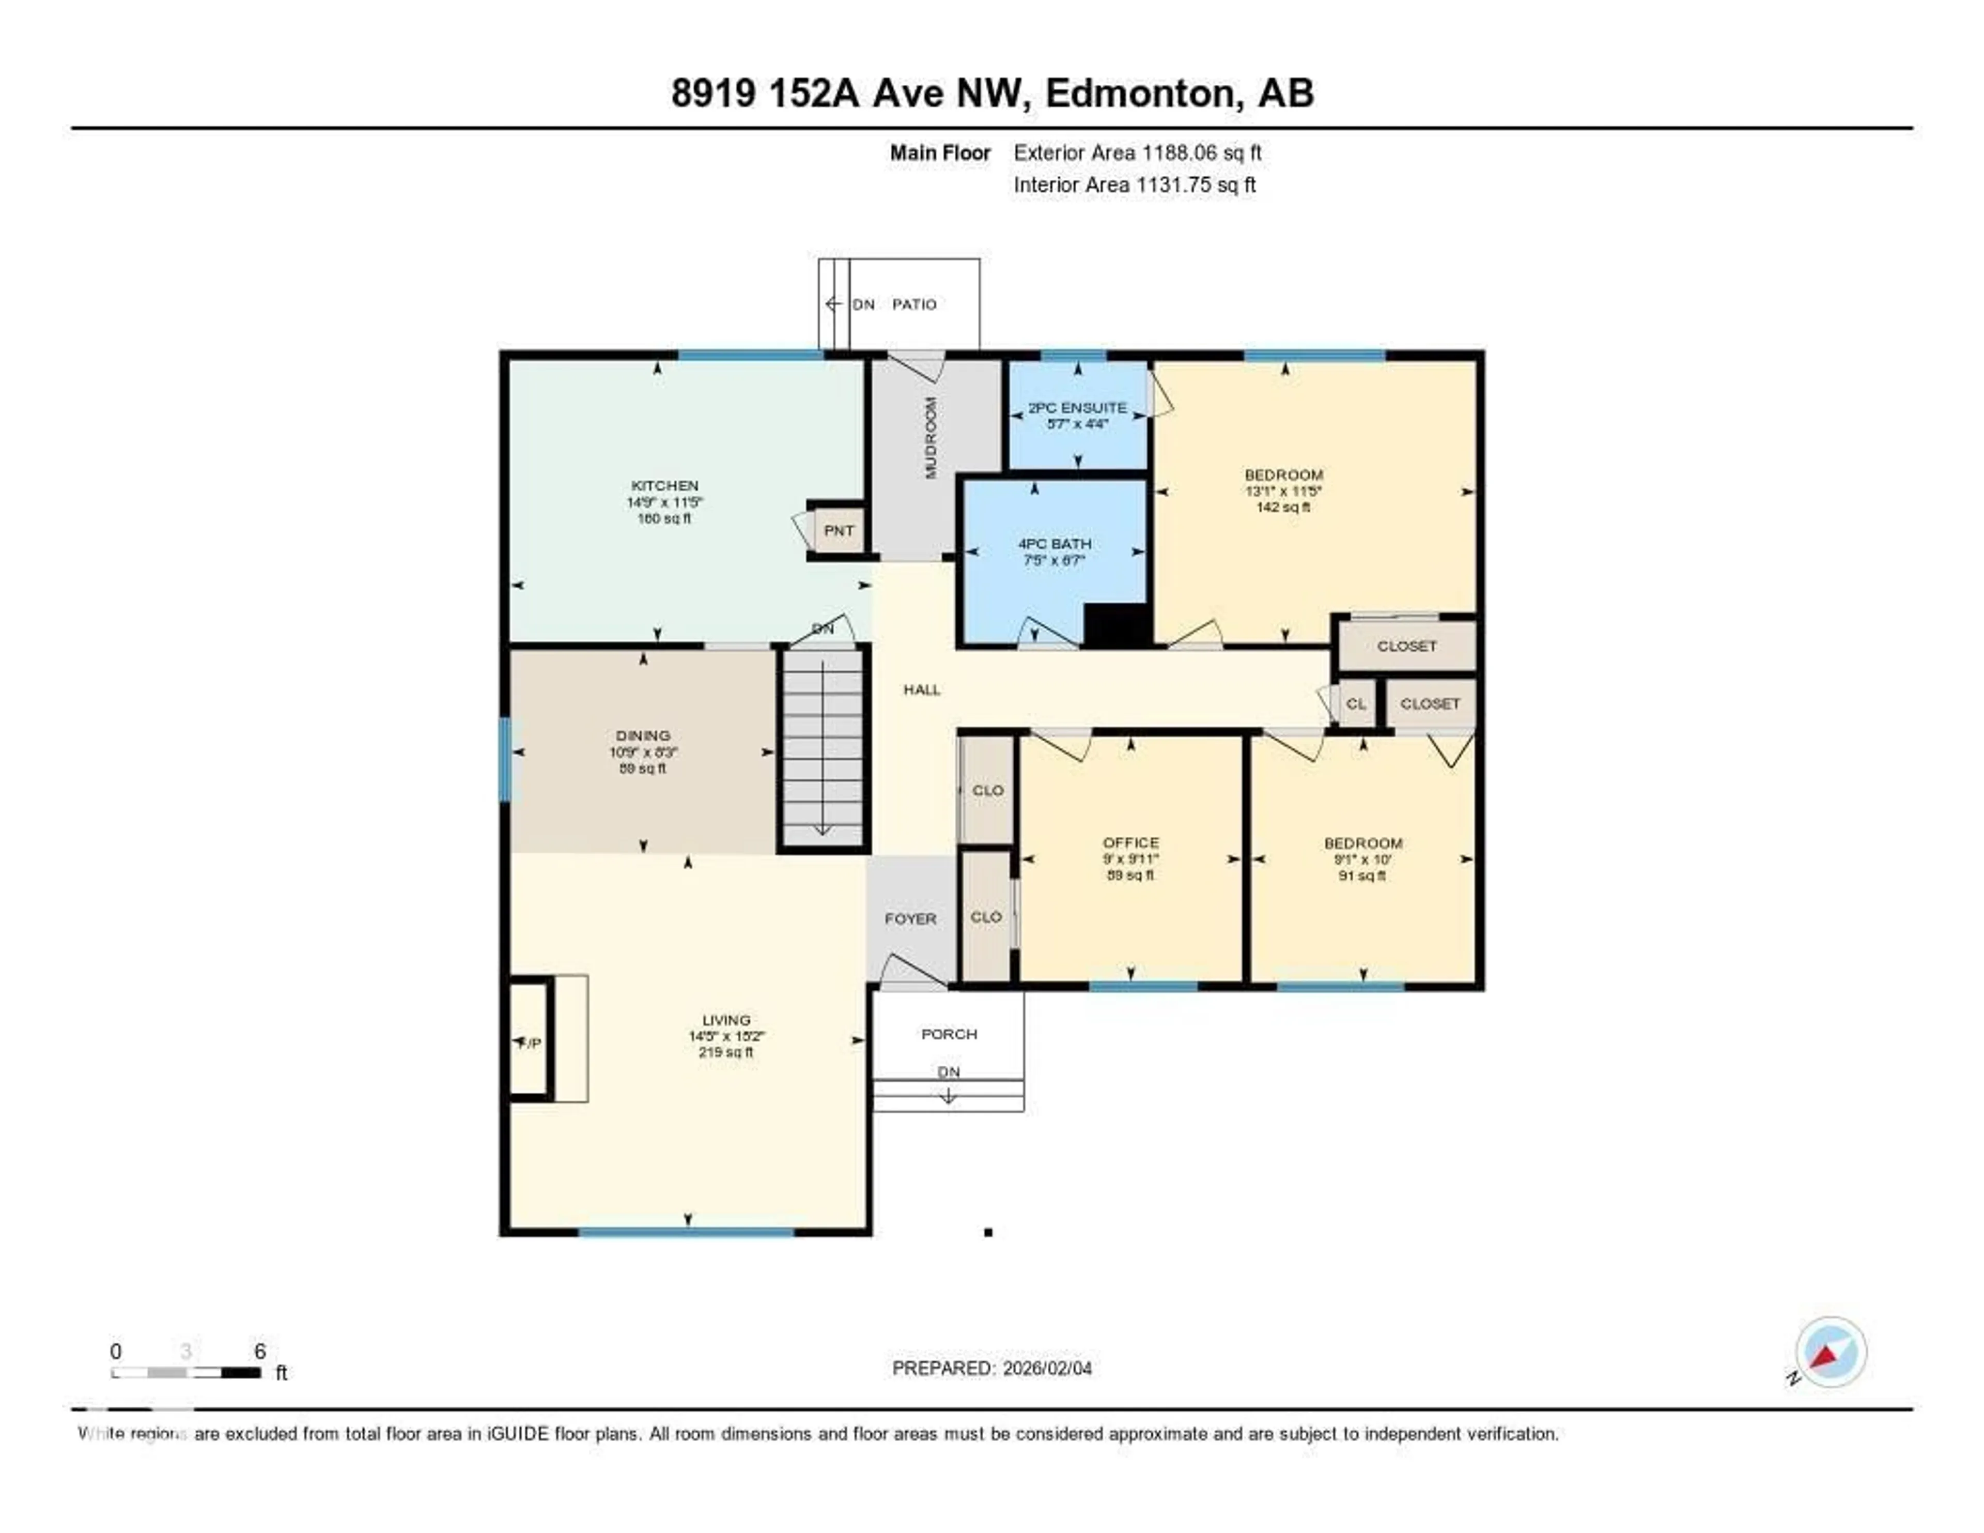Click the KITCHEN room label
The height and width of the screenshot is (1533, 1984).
click(x=664, y=485)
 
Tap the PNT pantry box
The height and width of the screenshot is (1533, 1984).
click(x=838, y=530)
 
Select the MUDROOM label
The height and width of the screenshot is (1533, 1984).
click(x=930, y=438)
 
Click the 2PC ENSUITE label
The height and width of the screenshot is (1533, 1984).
click(x=1077, y=408)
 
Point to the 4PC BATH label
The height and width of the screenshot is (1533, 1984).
click(x=1054, y=543)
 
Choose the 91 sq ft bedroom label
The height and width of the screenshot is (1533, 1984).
click(x=1362, y=844)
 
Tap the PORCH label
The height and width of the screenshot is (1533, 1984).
click(x=949, y=1034)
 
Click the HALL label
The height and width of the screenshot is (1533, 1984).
click(x=921, y=689)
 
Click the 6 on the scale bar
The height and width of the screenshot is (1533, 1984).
click(x=260, y=1351)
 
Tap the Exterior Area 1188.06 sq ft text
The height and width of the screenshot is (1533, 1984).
click(x=1137, y=152)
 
